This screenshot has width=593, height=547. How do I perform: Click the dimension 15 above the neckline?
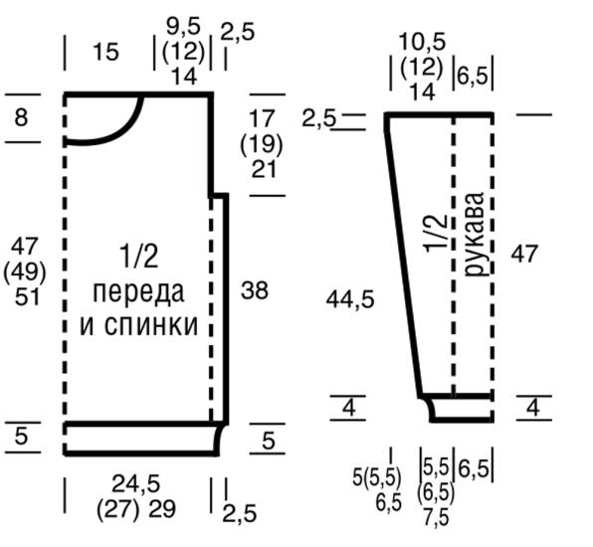tap(104, 52)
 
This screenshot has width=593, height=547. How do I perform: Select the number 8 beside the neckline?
tap(21, 118)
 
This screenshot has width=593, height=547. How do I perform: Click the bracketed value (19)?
tap(262, 145)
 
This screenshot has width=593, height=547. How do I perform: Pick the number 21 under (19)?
tap(262, 169)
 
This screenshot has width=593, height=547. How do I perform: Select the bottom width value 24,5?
tap(137, 484)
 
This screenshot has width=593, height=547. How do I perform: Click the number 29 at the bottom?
tap(162, 508)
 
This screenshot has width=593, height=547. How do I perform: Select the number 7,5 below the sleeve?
tap(435, 517)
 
